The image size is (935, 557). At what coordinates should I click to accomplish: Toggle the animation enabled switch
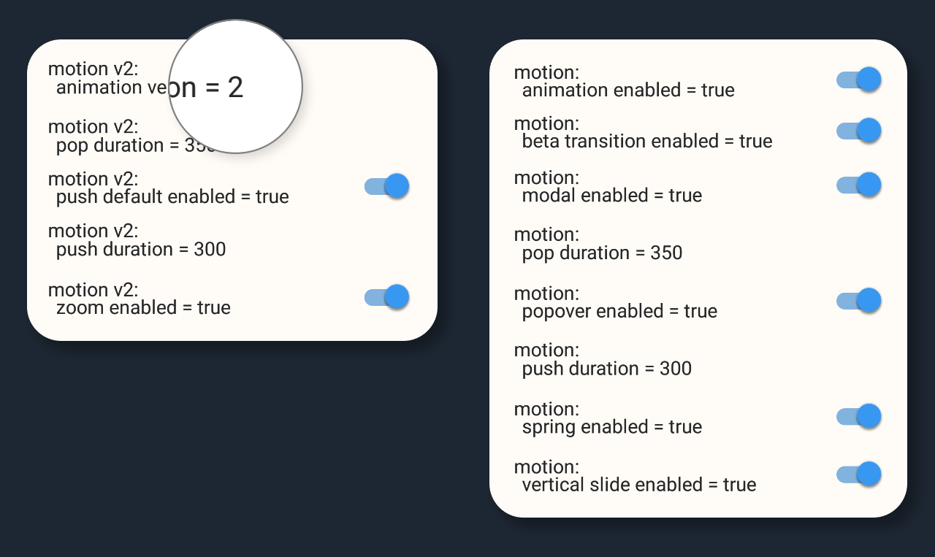[859, 80]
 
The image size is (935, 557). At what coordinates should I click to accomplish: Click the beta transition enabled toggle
[859, 131]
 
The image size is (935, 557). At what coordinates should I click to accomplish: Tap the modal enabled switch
[859, 185]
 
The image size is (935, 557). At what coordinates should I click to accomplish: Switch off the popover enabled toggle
[859, 300]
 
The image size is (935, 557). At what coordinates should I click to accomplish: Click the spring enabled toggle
[859, 416]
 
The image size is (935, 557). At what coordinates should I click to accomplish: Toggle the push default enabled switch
[387, 186]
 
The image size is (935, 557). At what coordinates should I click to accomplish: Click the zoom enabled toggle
[387, 297]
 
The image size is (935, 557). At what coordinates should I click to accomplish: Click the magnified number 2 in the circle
[235, 88]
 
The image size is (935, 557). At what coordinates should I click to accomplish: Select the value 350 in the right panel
[666, 253]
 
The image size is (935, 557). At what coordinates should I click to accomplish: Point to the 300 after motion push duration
[676, 369]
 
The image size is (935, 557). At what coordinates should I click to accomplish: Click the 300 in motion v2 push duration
[210, 250]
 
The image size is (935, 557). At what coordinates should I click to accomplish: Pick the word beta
[539, 141]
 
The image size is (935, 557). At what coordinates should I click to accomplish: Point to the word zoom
[80, 308]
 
